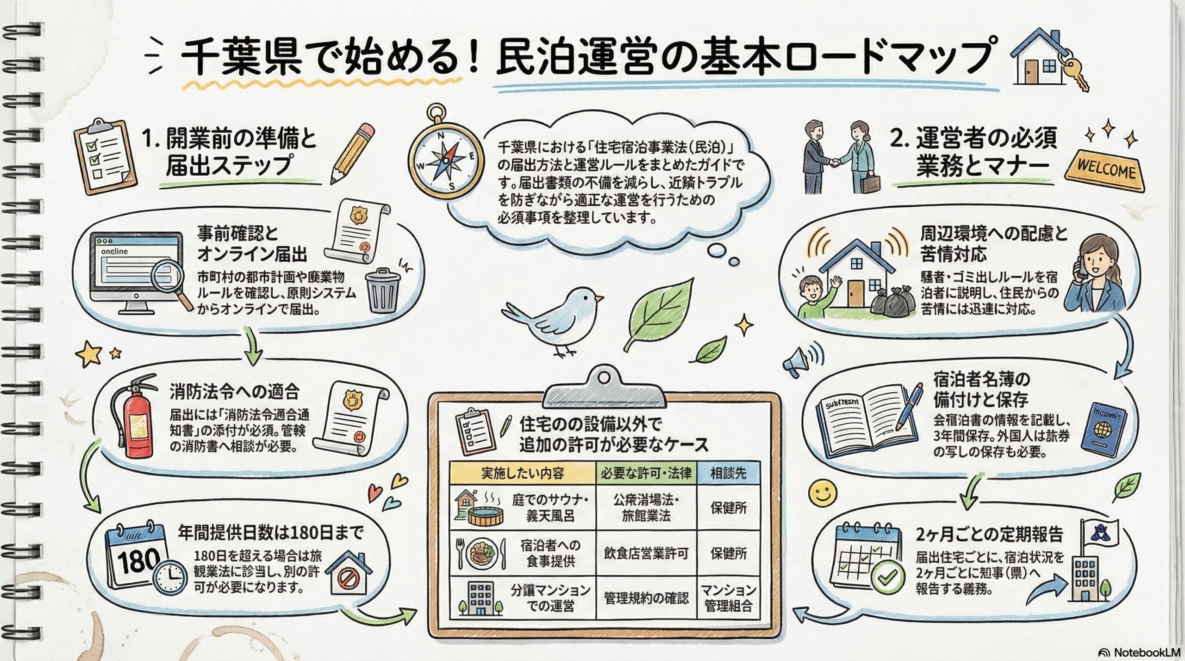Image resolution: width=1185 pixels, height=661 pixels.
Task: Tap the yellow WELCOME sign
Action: pos(1105,170)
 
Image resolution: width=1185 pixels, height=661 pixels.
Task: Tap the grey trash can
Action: pos(382,290)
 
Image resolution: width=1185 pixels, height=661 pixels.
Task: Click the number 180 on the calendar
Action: pos(138,561)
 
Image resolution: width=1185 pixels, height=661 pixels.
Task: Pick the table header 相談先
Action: pos(728,473)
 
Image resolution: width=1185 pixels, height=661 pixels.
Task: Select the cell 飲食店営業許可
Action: pos(646,553)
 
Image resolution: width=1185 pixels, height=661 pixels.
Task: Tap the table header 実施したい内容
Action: pos(522,473)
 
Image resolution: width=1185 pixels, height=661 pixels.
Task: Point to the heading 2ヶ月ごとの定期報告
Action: pos(989,534)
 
